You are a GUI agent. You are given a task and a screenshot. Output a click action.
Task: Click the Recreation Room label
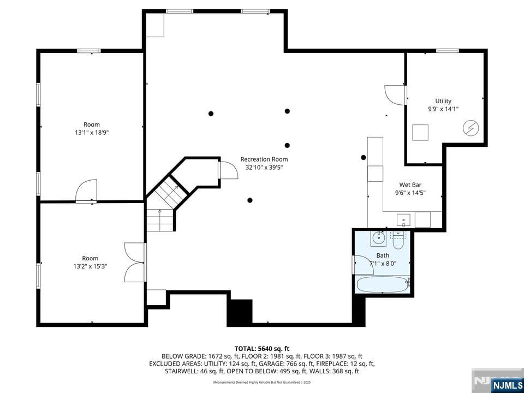[264, 159]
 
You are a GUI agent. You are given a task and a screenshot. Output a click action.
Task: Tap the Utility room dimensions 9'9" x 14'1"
[443, 109]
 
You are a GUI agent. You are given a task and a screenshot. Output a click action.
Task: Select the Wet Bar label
[410, 185]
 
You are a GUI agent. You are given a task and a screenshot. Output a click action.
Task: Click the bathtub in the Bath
[382, 284]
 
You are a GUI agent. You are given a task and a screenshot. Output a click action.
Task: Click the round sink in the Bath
[378, 237]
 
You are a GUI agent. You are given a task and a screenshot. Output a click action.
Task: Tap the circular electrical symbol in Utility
[471, 128]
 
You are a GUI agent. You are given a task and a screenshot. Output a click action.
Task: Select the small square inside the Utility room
[420, 133]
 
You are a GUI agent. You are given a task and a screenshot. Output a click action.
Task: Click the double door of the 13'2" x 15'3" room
[134, 263]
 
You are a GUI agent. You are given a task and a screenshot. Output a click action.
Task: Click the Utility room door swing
[395, 94]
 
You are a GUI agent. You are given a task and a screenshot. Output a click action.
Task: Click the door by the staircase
[228, 170]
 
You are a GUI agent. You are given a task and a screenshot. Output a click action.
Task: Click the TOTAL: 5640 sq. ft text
[261, 348]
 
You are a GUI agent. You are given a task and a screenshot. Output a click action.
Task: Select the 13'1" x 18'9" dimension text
[92, 132]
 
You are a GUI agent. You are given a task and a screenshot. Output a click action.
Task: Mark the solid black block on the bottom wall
[240, 312]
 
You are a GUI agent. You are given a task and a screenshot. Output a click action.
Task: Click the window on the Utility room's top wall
[447, 51]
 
